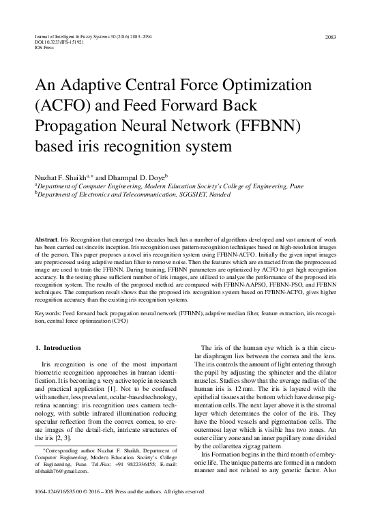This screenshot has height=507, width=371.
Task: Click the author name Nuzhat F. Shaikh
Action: point(63,175)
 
